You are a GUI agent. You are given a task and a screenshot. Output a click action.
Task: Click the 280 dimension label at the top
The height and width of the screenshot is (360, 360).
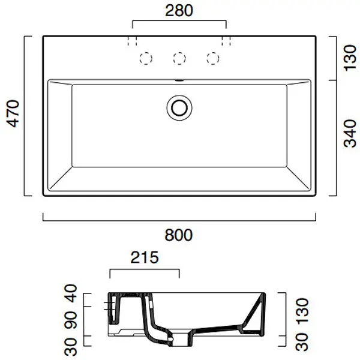(179, 11)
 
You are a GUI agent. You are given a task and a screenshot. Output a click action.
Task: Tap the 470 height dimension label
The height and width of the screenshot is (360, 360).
(13, 113)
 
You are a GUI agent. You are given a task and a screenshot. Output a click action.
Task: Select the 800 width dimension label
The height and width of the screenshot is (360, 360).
(179, 235)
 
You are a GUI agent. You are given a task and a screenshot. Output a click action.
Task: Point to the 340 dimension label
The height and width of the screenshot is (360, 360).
(350, 133)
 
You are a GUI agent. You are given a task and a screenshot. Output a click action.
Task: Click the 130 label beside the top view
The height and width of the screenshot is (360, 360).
(350, 58)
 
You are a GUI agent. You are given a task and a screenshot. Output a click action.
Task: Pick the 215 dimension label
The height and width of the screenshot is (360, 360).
(145, 257)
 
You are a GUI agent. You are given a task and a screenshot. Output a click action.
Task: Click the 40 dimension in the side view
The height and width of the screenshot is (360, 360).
(70, 293)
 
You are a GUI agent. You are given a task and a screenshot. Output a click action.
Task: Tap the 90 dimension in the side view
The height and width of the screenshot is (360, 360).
(70, 320)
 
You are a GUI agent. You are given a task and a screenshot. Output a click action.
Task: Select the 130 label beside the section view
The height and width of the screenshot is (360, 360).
(302, 311)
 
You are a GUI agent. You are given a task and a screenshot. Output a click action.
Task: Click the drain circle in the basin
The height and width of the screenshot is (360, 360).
(179, 108)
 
